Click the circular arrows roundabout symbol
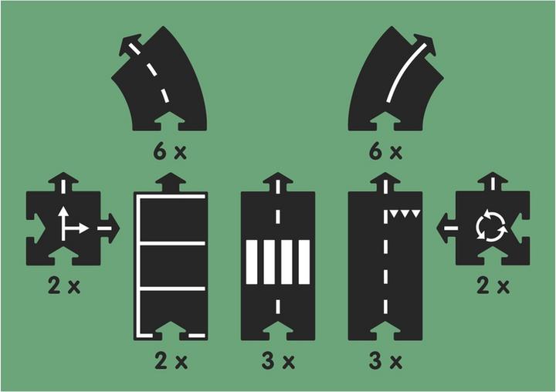tap(492, 226)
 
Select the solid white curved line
tap(406, 72)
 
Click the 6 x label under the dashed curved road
tap(170, 152)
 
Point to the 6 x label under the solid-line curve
tap(385, 152)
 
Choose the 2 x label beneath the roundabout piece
tap(493, 286)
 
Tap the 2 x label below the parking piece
tap(171, 361)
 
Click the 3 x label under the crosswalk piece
tap(278, 361)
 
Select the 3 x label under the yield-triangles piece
tap(385, 361)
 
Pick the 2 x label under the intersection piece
tap(64, 286)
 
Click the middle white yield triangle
tap(405, 214)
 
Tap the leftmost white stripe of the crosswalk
tap(252, 262)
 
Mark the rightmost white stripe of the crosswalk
tap(304, 262)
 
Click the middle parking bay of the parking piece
tap(173, 265)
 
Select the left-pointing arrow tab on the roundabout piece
tap(446, 228)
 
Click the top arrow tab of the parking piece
tap(171, 182)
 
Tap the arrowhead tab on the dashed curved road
tap(130, 44)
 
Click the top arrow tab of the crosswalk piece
tap(278, 182)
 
